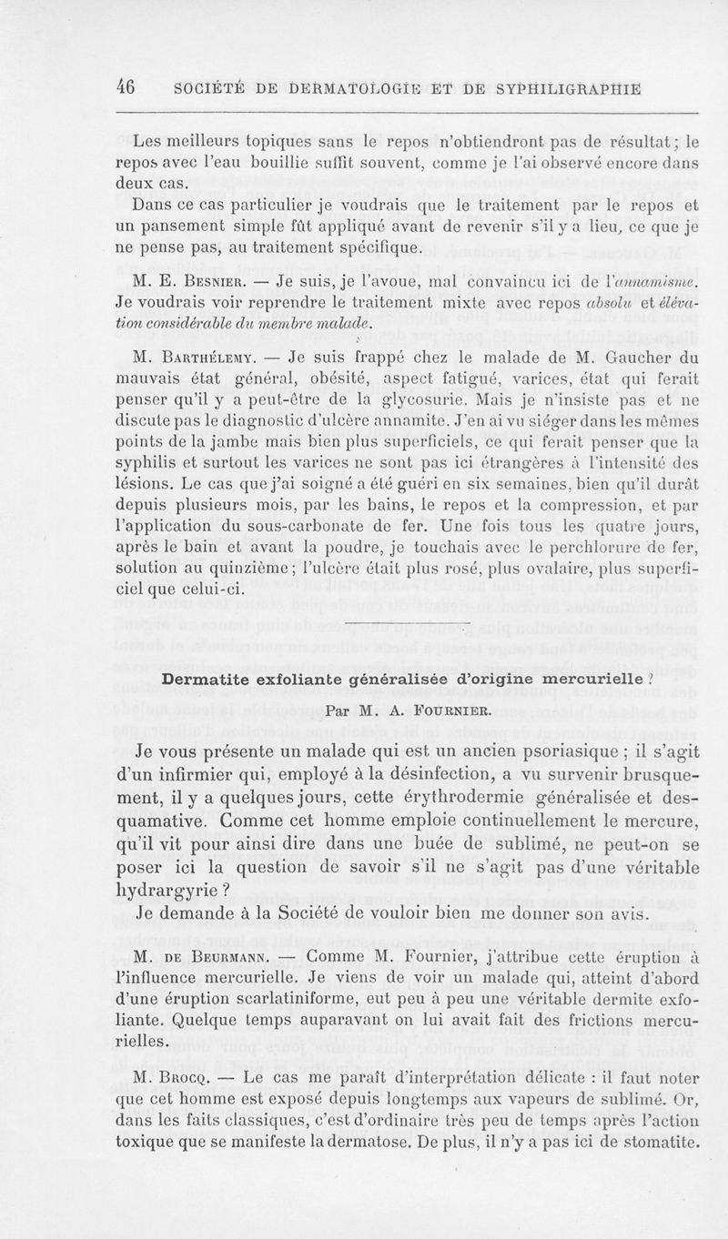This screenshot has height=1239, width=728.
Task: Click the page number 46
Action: coord(126,88)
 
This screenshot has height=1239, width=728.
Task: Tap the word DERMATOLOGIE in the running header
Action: coord(315,88)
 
